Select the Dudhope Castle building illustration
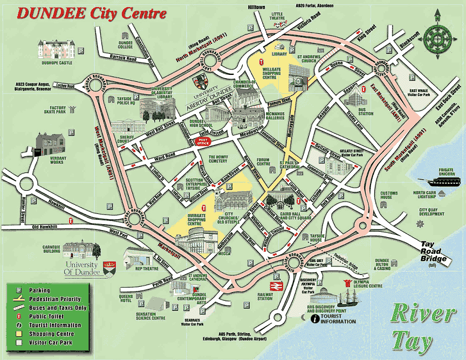coord(54,50)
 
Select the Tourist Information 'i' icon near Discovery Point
coord(314,319)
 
